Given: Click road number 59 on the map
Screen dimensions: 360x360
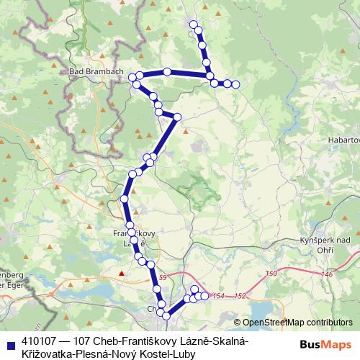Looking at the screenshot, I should pos(163,277).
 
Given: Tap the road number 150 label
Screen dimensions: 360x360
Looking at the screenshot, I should pos(271,274).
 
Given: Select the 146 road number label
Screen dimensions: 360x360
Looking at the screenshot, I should pos(328,274).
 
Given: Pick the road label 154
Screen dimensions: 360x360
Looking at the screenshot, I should pos(219,296).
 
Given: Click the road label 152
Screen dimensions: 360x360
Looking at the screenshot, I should pos(240,296).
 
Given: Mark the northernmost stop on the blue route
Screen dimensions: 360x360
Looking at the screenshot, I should pos(193,24).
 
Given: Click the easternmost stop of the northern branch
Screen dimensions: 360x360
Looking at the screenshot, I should pos(235,85).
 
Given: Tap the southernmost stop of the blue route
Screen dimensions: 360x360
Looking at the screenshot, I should pos(166,315).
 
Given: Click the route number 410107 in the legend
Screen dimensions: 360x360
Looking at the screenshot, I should pos(41,340).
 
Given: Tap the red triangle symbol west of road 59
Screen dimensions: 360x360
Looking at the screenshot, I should pos(122,274).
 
